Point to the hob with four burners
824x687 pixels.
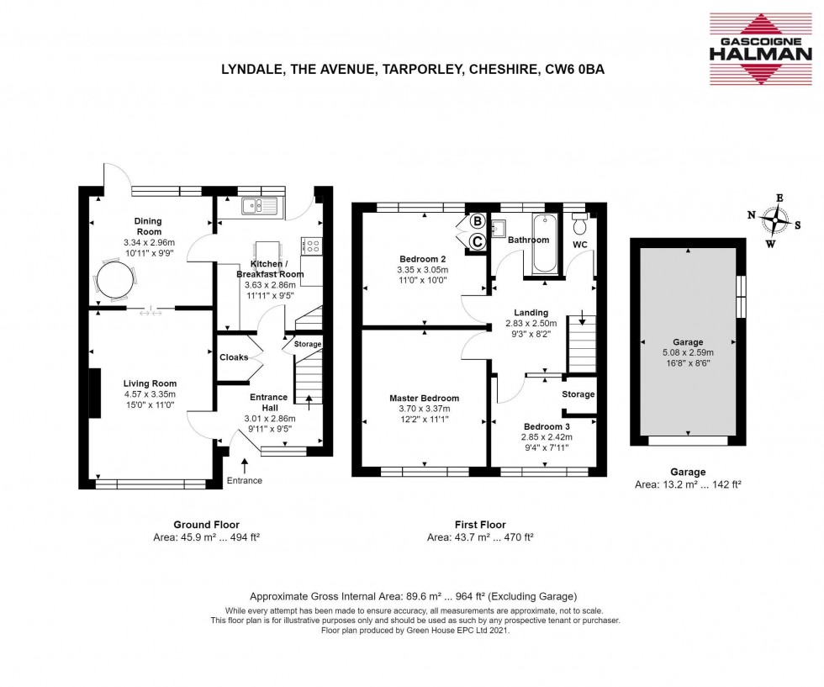[x=311, y=246]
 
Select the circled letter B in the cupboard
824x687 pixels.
[x=477, y=222]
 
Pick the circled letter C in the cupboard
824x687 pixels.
[x=477, y=241]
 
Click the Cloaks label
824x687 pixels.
[x=234, y=357]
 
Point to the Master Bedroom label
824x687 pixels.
[x=424, y=398]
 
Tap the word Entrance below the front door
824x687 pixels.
[x=244, y=481]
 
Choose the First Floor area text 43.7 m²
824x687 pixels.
[x=480, y=536]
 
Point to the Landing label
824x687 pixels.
[x=531, y=312]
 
